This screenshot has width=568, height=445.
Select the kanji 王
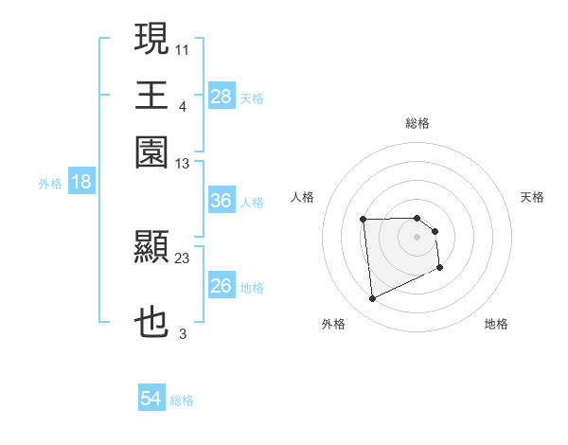click(x=152, y=95)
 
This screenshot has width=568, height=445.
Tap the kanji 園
click(x=152, y=152)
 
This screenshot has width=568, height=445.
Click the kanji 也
click(x=152, y=323)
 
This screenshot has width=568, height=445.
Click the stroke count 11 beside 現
click(x=183, y=47)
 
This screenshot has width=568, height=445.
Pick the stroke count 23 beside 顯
click(x=183, y=258)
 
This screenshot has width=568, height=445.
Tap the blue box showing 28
click(x=221, y=96)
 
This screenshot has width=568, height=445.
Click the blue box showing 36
click(x=221, y=201)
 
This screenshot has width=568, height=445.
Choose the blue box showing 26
click(x=221, y=285)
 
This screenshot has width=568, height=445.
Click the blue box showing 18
click(x=81, y=182)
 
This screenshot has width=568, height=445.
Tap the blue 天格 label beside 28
click(x=252, y=98)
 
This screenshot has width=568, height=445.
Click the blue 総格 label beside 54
click(x=182, y=400)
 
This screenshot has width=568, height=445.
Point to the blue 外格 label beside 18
click(x=50, y=184)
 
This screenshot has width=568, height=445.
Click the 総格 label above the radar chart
click(x=417, y=123)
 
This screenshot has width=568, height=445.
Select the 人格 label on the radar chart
click(x=302, y=197)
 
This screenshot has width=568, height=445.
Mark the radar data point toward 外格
click(x=373, y=299)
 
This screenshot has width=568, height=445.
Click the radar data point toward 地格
click(x=441, y=268)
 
